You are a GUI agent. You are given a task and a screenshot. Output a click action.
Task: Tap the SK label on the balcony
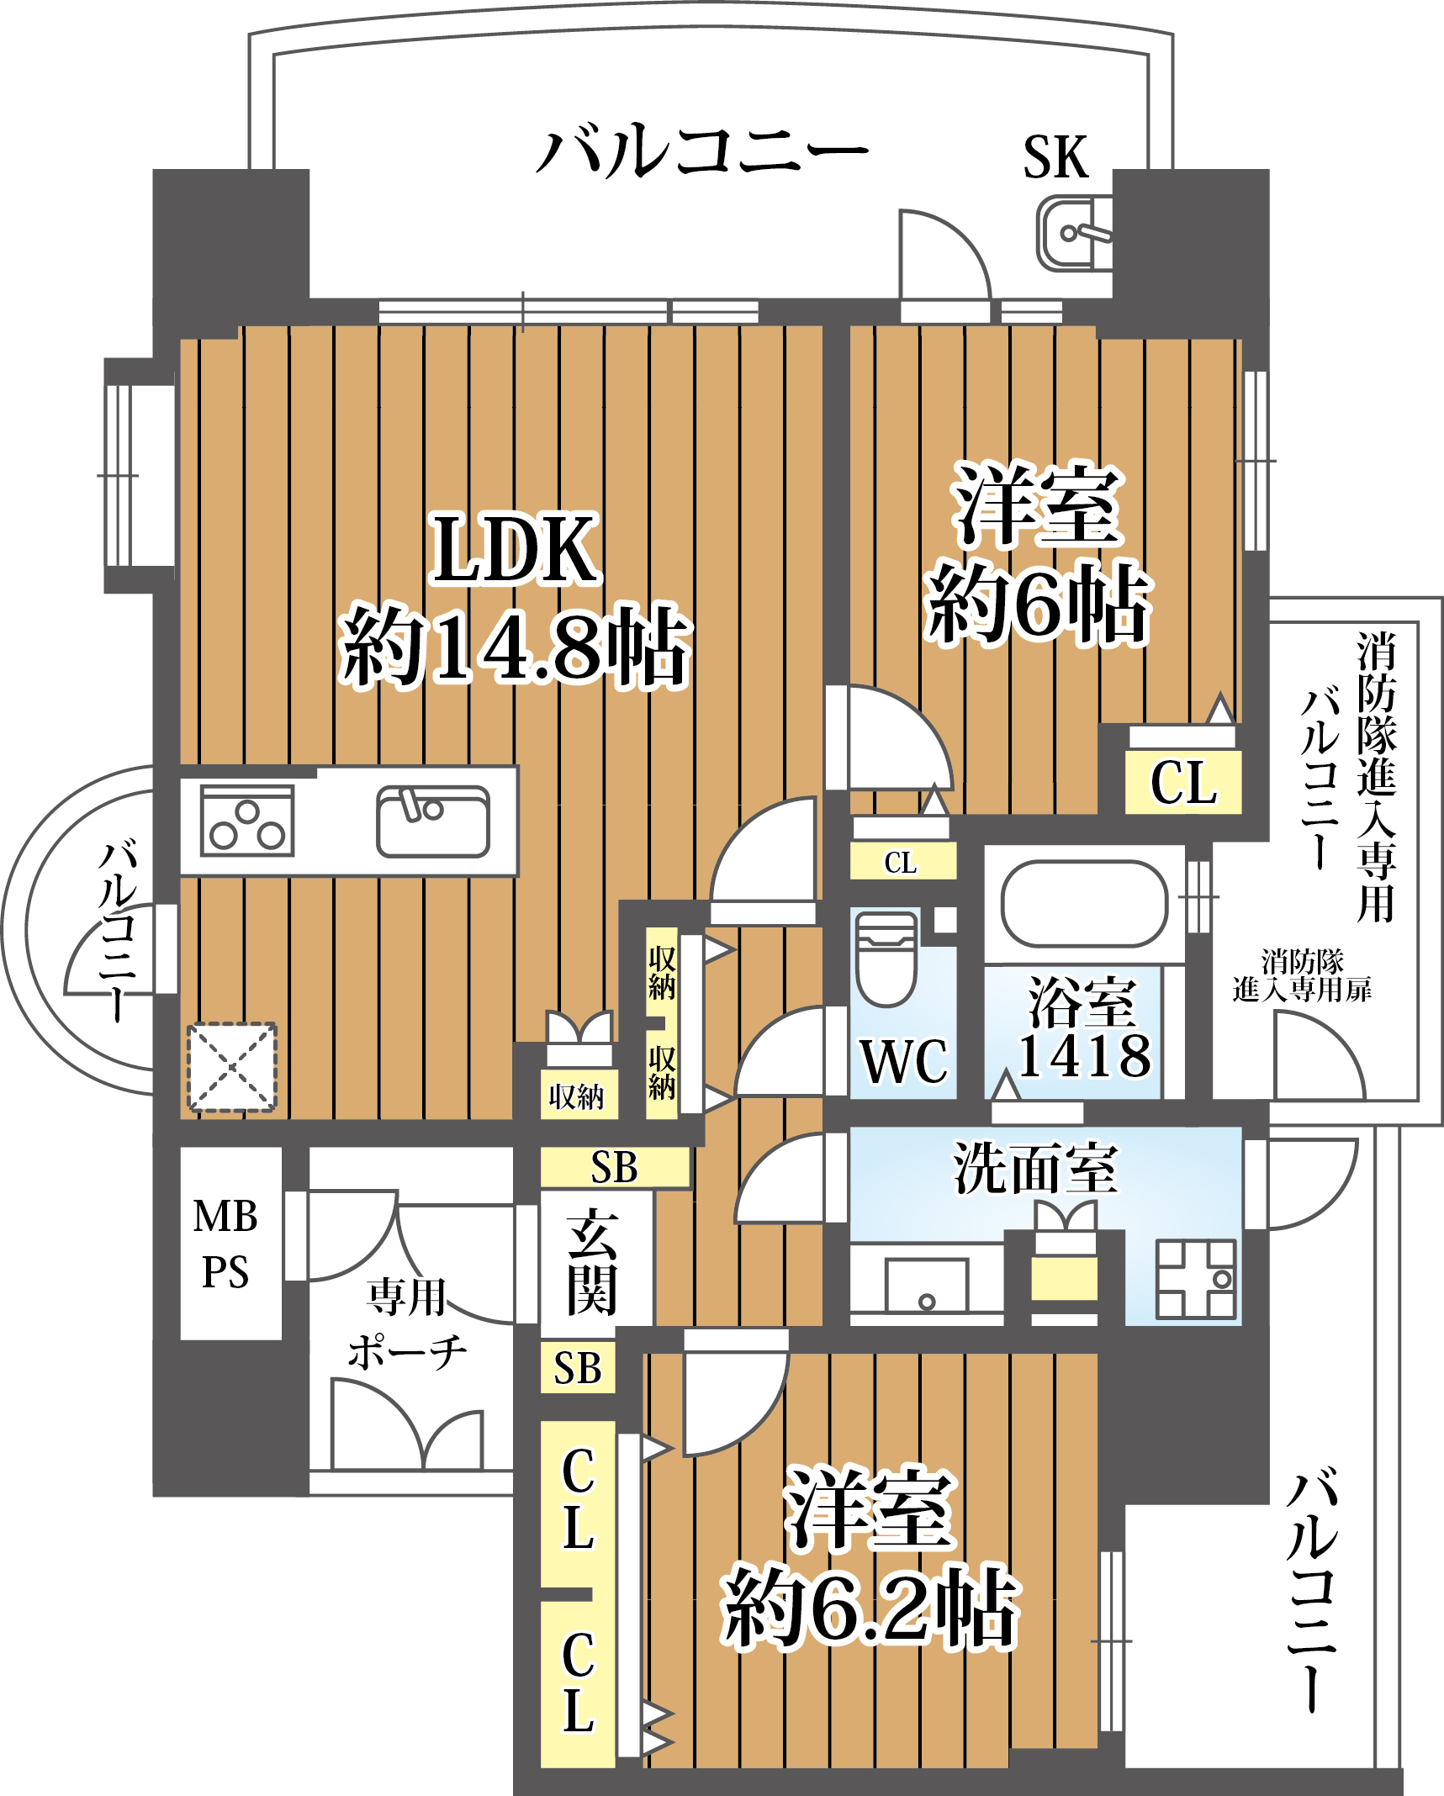point(1055,157)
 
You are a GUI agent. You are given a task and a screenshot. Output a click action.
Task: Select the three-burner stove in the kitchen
point(247,821)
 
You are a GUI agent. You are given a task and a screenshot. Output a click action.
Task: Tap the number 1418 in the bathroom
point(1084,1057)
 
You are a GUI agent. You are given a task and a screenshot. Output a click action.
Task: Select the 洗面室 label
point(1035,1170)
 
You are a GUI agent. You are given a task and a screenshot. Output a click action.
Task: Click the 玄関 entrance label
point(593,1262)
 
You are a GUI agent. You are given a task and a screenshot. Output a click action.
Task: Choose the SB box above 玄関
point(615,1168)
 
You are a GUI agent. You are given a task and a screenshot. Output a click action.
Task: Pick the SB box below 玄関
point(578,1369)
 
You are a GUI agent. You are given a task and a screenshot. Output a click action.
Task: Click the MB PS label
point(225,1244)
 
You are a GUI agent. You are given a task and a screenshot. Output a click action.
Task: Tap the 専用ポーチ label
point(407,1324)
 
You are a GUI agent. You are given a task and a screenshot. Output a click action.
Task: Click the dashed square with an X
point(231,1067)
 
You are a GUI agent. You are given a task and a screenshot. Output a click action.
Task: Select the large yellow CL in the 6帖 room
point(1183,783)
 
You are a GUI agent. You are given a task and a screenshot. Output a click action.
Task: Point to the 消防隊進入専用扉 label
point(1301,976)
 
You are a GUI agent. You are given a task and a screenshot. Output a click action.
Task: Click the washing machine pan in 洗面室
point(1195,1279)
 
